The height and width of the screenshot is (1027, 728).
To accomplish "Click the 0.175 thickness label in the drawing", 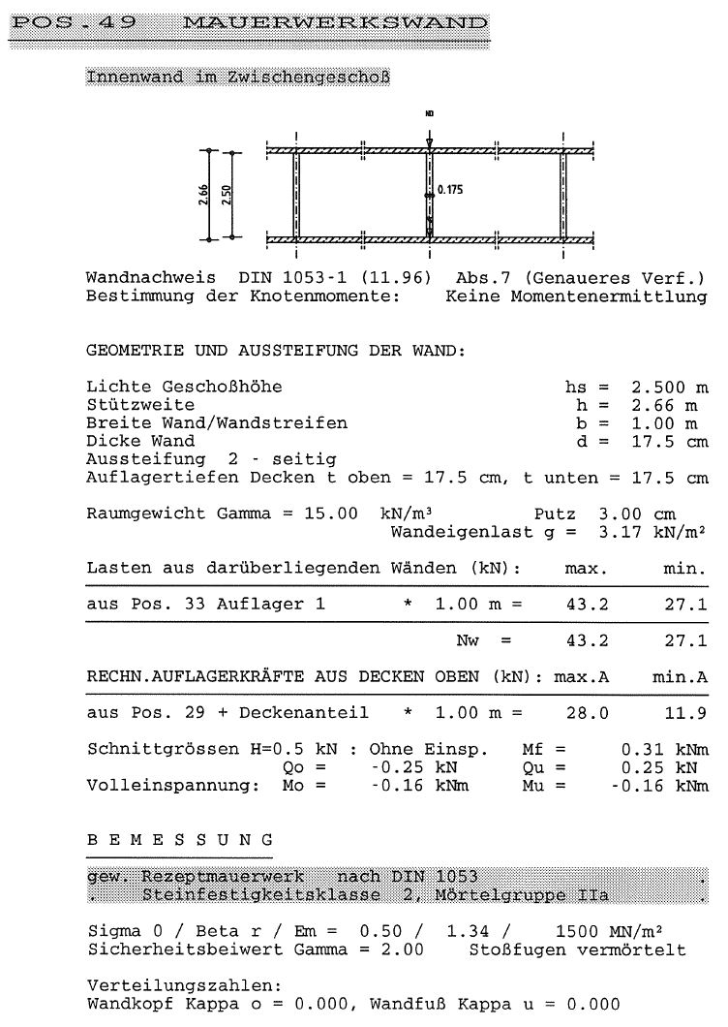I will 450,191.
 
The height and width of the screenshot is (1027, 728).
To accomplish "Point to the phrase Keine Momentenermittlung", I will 576,296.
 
